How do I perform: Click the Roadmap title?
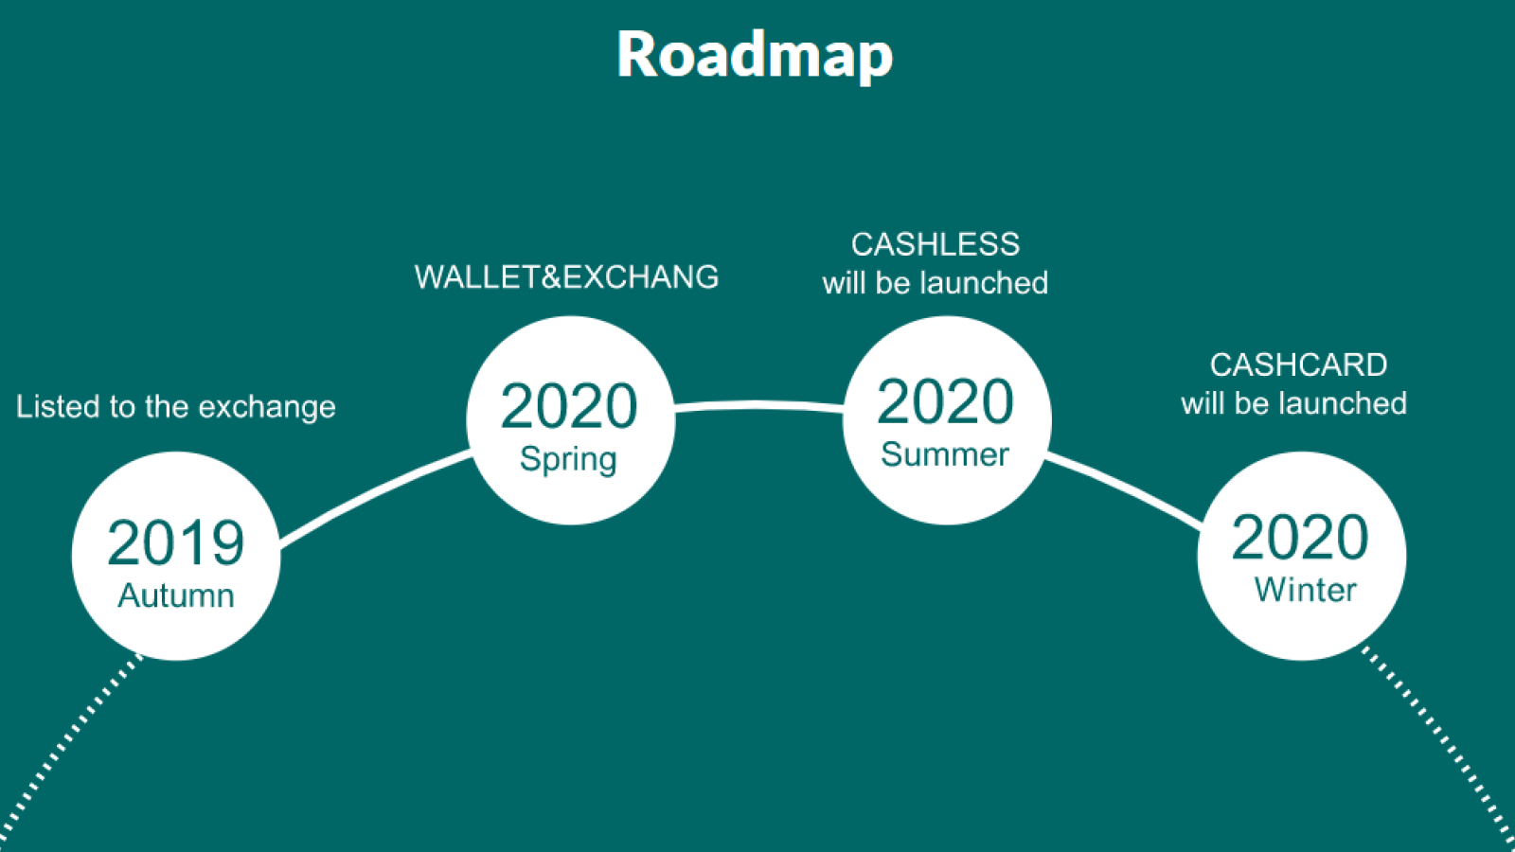click(x=755, y=56)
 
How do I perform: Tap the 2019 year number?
click(x=176, y=543)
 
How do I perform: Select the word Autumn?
click(x=176, y=595)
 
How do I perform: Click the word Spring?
click(x=568, y=460)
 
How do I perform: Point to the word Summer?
click(x=945, y=454)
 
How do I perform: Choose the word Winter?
click(x=1306, y=590)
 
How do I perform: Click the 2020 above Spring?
click(x=569, y=406)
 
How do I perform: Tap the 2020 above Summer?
click(x=945, y=401)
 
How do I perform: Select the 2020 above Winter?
click(x=1300, y=538)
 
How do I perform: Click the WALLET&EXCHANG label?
click(x=567, y=277)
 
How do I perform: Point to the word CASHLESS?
click(x=936, y=245)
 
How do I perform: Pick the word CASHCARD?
click(x=1298, y=365)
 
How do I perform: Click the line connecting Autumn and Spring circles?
click(x=374, y=496)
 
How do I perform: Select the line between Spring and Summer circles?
click(x=758, y=405)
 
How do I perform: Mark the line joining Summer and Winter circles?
click(x=1124, y=489)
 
